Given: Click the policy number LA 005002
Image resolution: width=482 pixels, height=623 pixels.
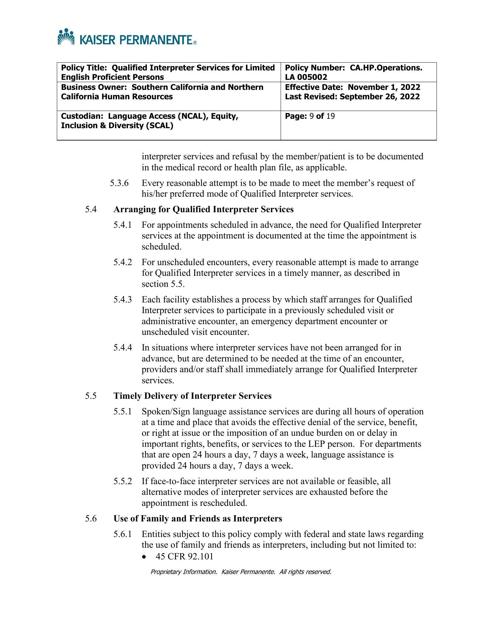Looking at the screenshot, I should click(x=306, y=77).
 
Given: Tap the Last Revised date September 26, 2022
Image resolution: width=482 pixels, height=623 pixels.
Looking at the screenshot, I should click(x=379, y=97).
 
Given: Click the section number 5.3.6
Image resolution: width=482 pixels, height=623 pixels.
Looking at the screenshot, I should click(x=119, y=183).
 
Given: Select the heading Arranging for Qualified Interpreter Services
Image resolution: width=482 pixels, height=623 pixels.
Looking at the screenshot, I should click(x=203, y=210).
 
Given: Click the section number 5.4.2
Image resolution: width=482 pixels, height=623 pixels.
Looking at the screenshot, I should click(x=123, y=262).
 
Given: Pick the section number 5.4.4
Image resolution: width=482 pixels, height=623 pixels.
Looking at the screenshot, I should click(x=123, y=348).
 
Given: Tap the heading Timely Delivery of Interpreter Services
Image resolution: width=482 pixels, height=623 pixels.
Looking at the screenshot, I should click(x=192, y=396).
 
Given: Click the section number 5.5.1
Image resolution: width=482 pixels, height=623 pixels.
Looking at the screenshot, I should click(x=123, y=412).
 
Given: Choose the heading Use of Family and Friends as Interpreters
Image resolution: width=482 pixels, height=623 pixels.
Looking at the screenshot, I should click(x=197, y=519).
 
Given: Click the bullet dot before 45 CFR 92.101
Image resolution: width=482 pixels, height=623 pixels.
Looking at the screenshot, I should click(x=145, y=557).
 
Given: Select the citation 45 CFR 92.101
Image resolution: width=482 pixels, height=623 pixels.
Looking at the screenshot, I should click(x=184, y=557).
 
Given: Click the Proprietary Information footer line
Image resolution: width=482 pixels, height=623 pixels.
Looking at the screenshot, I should click(x=241, y=572).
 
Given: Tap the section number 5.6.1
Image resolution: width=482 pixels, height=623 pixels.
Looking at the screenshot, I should click(x=123, y=534).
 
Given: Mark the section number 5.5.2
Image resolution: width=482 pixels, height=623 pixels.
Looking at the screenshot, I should click(x=123, y=481).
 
